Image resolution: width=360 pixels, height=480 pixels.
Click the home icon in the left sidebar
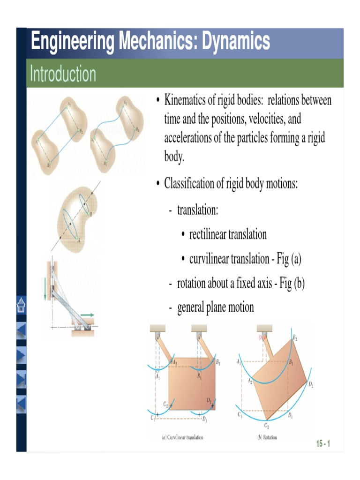pos(22,305)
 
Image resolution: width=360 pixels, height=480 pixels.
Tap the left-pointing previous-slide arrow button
pos(22,330)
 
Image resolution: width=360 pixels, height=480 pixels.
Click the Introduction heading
pos(63,74)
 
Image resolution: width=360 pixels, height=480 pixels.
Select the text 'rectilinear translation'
pos(228,234)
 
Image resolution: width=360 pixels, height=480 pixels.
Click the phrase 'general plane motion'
pos(216,307)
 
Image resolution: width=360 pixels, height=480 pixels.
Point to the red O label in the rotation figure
pos(260,337)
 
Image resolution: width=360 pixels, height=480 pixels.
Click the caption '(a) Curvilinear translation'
pos(183,437)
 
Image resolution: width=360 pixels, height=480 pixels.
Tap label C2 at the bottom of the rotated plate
pos(266,426)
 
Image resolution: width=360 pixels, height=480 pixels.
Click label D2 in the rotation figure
pos(311,385)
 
